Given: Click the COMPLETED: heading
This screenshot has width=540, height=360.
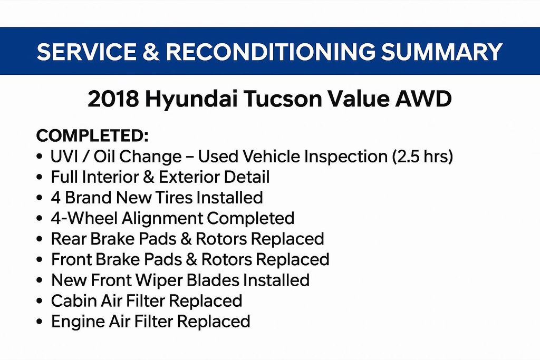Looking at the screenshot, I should pyautogui.click(x=92, y=135).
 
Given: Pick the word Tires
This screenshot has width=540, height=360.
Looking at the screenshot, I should pyautogui.click(x=173, y=198).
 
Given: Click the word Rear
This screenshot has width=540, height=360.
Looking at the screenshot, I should pyautogui.click(x=69, y=239).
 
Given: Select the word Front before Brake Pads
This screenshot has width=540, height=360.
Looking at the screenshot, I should pyautogui.click(x=71, y=259).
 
